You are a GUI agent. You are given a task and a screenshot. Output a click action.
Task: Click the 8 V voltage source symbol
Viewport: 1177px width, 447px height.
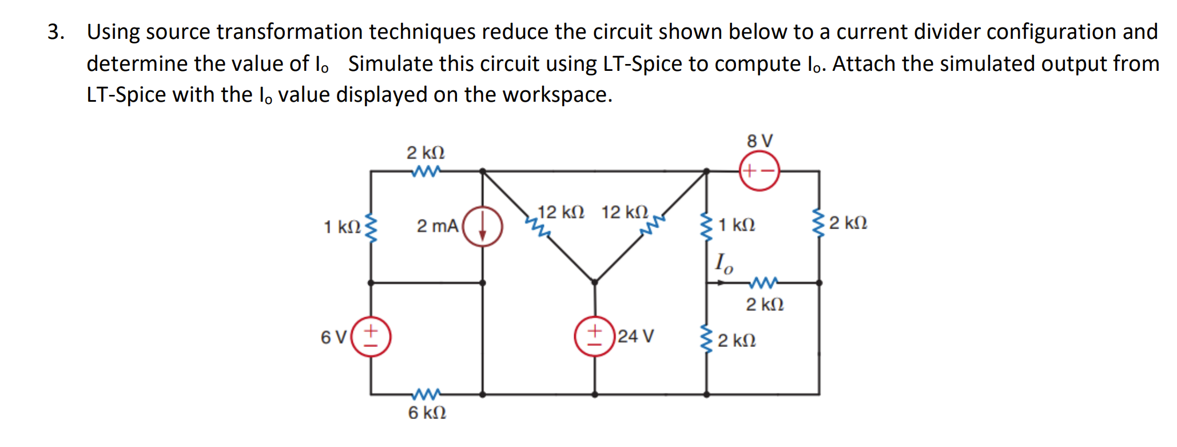point(759,170)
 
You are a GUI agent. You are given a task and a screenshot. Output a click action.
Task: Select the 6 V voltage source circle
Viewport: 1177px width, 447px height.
point(371,337)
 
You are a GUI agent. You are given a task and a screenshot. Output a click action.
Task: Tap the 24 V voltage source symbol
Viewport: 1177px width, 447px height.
point(595,336)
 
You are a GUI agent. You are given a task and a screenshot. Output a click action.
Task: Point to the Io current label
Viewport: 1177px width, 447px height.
point(723,264)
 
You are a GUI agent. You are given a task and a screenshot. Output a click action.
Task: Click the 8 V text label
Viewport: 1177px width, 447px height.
point(760,141)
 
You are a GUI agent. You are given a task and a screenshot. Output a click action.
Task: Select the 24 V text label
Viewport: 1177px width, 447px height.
point(635,336)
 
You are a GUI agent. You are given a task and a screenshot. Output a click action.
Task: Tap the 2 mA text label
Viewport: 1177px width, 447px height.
point(438,226)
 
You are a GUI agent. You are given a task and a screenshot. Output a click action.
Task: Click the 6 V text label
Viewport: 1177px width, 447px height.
point(333,337)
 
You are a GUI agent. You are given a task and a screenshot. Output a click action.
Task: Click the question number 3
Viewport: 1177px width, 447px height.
point(55,32)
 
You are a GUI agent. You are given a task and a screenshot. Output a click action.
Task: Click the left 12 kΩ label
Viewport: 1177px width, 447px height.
point(560,213)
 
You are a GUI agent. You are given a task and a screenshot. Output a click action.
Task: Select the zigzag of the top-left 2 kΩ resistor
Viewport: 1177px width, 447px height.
point(426,170)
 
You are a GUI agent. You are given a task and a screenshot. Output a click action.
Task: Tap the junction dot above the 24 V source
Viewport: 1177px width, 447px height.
point(595,282)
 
